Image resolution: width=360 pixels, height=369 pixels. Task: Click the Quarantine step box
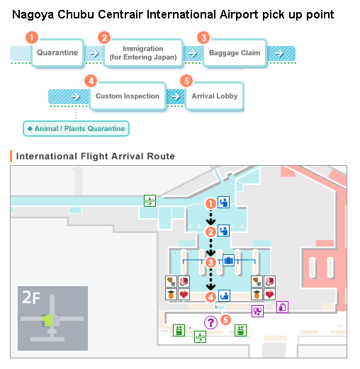[57, 52]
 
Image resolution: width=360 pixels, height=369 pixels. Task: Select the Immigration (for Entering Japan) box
[143, 53]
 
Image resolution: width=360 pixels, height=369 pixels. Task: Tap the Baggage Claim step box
[235, 52]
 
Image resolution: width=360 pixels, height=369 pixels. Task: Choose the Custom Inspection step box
[128, 96]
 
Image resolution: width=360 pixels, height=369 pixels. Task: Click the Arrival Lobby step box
[215, 96]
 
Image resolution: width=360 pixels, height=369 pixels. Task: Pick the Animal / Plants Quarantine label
[76, 129]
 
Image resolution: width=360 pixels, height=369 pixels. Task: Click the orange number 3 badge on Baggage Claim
[203, 38]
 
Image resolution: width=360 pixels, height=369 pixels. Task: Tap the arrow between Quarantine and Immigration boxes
[94, 53]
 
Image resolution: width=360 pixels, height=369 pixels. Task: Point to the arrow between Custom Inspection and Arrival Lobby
[175, 96]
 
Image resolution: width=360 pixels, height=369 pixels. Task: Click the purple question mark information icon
[210, 322]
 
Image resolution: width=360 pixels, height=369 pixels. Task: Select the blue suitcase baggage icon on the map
[228, 260]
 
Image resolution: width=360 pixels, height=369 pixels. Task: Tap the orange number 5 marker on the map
[225, 320]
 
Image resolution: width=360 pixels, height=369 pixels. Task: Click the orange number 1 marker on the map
[210, 203]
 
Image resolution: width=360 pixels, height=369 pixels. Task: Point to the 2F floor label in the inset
[31, 297]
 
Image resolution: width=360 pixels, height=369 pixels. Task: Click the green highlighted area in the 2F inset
[47, 321]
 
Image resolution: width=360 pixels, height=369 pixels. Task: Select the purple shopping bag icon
[282, 307]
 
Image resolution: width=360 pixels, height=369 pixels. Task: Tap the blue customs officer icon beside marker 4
[224, 295]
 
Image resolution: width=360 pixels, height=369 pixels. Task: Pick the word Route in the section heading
[161, 157]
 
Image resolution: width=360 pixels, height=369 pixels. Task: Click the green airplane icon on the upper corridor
[150, 201]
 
